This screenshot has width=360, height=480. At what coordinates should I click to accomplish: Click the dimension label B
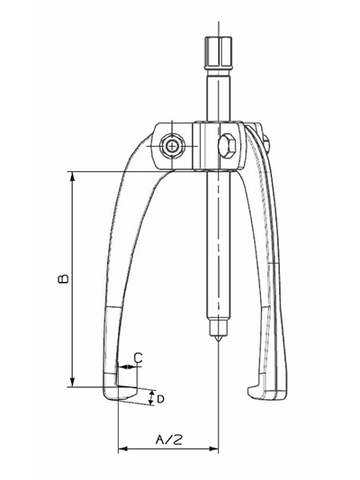(x=63, y=278)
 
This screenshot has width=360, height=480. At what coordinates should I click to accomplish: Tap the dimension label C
(x=139, y=358)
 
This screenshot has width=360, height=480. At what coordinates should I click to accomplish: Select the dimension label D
(x=160, y=399)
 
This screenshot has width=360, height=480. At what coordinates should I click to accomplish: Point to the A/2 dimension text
(x=169, y=439)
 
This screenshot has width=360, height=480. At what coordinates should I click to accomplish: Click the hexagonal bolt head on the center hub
(x=227, y=146)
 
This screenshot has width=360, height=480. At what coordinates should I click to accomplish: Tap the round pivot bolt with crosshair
(x=172, y=147)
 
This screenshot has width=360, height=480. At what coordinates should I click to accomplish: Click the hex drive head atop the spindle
(x=219, y=52)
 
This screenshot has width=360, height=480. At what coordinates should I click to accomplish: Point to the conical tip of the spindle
(x=219, y=338)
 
